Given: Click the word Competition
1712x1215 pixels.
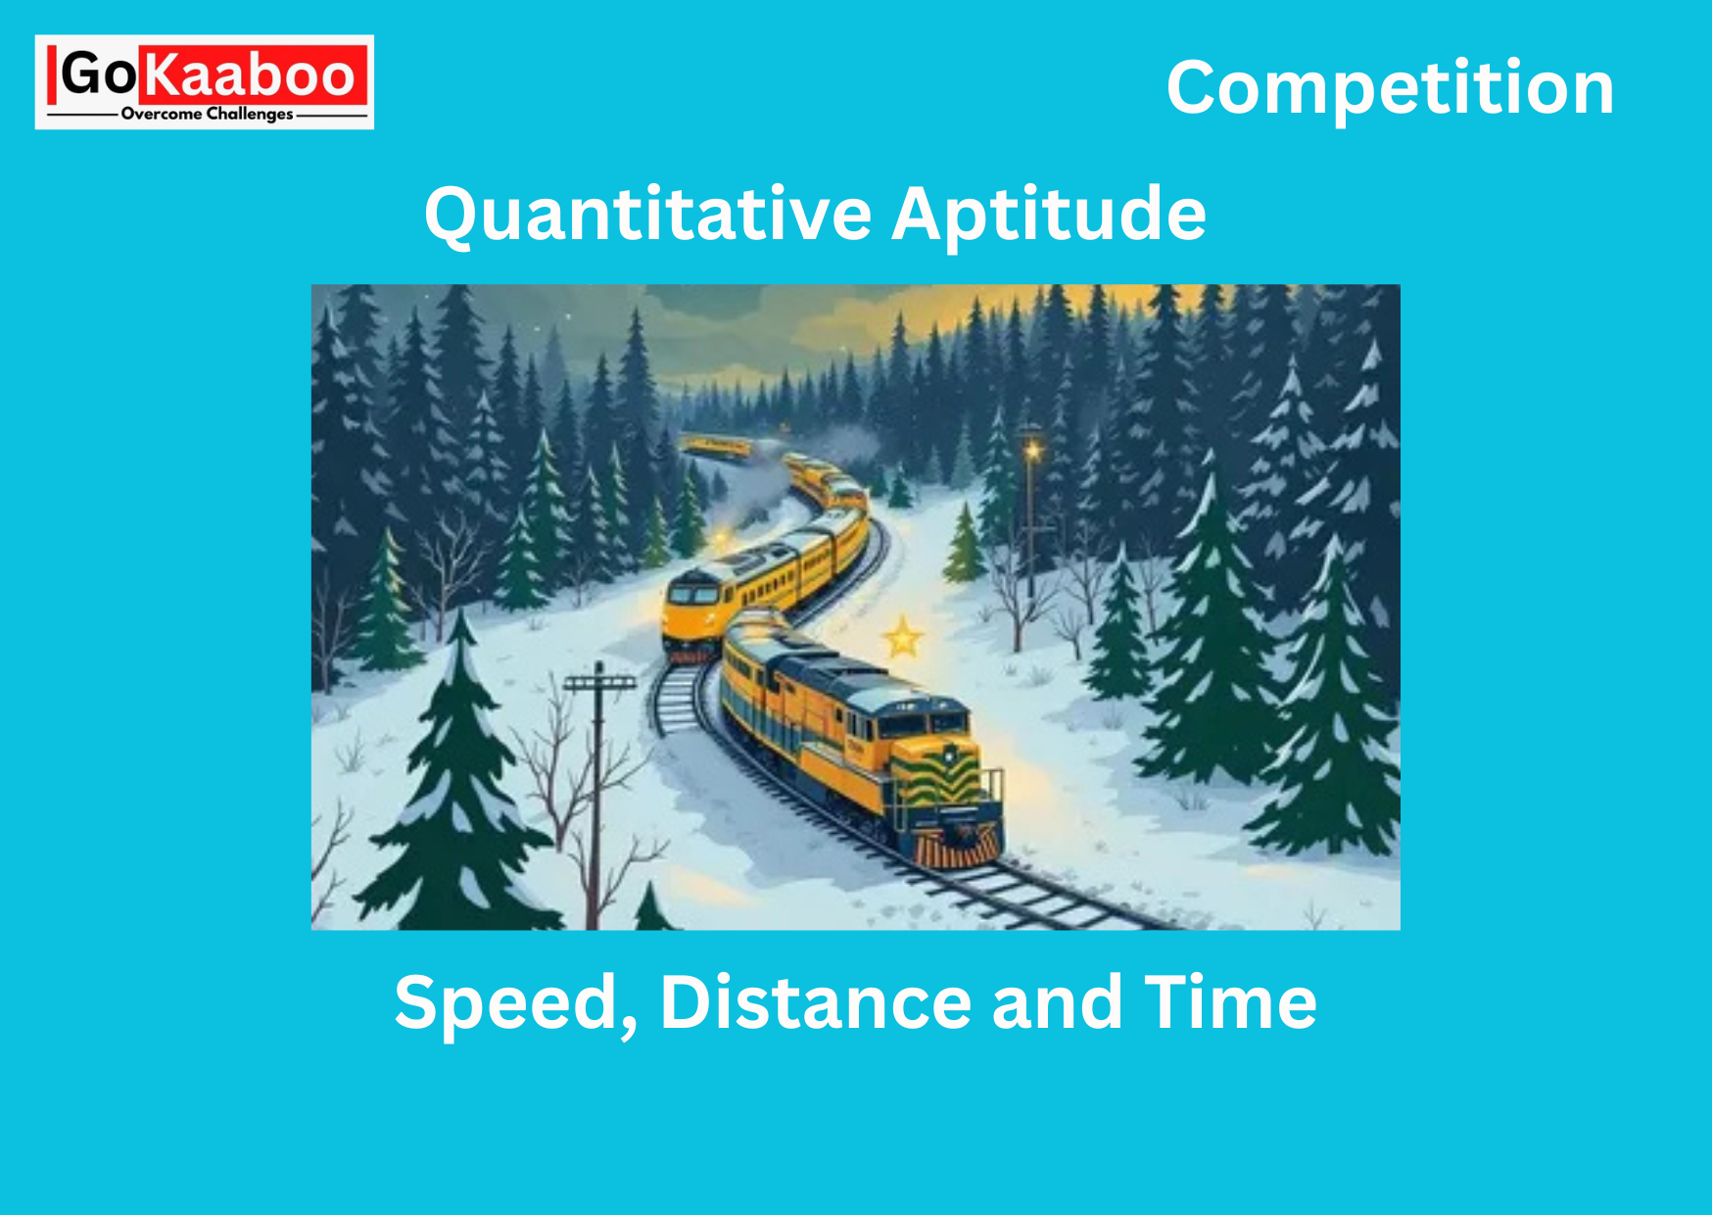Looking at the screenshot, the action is coord(1390,88).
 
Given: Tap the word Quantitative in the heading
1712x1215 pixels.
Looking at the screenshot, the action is coord(647,215).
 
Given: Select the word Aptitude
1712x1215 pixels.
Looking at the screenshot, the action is coord(1049,215).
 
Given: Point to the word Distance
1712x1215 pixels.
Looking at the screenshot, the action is coord(816,1002).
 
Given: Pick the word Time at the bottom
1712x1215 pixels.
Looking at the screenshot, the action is coord(1231,1002).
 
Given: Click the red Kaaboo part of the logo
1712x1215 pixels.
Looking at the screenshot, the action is coord(253,74).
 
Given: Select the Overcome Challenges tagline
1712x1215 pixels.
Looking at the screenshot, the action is coord(207,115).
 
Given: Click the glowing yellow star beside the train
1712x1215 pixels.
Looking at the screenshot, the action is coord(902,638).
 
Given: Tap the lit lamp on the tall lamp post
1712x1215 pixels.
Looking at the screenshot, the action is coord(1031,451).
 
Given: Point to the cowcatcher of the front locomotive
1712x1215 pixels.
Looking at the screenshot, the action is coord(958,847).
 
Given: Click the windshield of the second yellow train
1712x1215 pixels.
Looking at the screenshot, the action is coord(692,595).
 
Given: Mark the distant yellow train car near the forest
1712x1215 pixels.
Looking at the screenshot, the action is coord(717,447).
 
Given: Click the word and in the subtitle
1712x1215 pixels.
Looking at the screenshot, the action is coord(1058,1002).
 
